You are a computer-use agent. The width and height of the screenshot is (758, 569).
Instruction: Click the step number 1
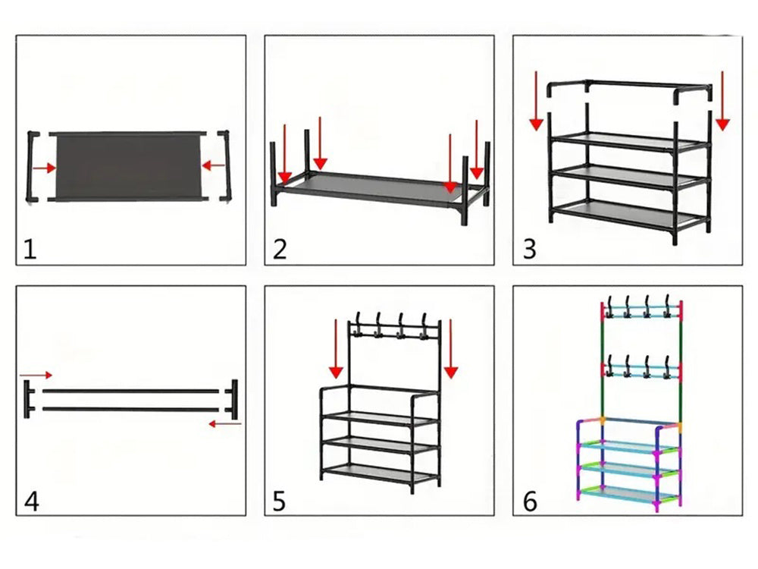point(30,250)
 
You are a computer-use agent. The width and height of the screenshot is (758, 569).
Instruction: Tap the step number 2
point(280,250)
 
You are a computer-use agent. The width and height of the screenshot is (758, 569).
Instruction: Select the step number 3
point(529,250)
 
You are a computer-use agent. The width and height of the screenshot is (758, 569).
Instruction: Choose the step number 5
point(280,501)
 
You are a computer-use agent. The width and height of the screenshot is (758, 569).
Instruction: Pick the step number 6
point(530,501)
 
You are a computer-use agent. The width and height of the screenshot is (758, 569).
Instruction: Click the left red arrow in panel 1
point(45,168)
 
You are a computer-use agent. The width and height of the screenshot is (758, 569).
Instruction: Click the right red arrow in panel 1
point(214,165)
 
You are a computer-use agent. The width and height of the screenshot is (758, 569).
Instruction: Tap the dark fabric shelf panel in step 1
point(127,165)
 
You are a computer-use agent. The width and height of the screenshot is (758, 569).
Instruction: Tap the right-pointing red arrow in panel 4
point(36,375)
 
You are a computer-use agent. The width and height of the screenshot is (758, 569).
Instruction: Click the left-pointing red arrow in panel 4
point(225,424)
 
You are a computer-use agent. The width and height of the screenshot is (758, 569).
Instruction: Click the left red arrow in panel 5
point(336,349)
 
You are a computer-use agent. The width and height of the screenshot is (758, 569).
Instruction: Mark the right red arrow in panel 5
point(451,349)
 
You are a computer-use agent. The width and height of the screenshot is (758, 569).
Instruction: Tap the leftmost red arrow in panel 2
point(284,155)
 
